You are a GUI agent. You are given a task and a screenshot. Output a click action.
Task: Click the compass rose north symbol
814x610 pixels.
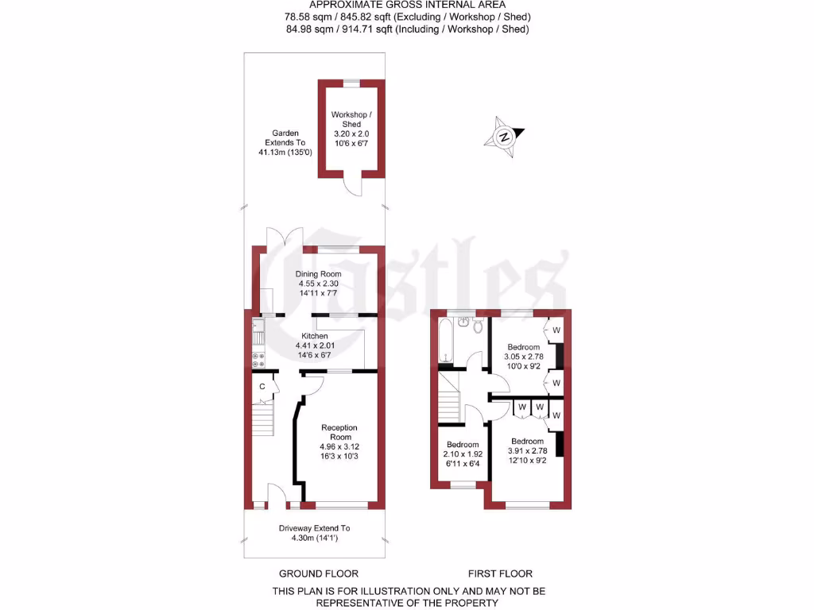(x=503, y=136)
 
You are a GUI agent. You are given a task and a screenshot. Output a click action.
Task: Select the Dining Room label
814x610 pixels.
(x=318, y=274)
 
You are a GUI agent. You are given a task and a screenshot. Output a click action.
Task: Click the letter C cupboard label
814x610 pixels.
(x=262, y=387)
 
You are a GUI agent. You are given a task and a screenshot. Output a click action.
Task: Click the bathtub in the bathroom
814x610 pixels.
(x=445, y=343)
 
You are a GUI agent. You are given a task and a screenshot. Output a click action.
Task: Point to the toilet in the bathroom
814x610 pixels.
(x=478, y=326)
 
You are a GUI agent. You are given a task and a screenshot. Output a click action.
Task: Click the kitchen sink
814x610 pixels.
(x=258, y=326)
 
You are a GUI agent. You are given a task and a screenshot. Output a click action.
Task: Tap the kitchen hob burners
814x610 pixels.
(x=258, y=359)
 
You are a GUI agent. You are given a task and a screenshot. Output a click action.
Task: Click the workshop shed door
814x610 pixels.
(x=351, y=185)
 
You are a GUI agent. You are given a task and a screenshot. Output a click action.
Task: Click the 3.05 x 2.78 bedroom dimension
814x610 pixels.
(x=524, y=357)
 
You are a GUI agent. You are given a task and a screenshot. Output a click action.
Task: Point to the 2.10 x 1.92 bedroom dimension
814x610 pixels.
(x=462, y=454)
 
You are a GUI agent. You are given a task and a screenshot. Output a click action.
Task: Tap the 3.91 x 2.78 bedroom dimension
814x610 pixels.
(x=527, y=451)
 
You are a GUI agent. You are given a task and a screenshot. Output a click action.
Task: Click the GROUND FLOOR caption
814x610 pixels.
(x=318, y=573)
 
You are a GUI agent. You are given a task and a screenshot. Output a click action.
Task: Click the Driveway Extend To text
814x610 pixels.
(x=314, y=528)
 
